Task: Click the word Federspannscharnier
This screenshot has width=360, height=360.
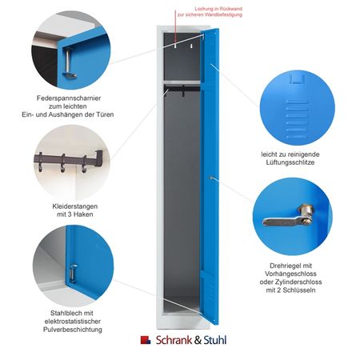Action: click(69, 98)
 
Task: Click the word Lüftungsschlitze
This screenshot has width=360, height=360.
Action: click(290, 162)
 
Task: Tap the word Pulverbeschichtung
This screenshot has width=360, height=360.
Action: click(73, 330)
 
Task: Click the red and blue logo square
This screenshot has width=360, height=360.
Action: click(146, 340)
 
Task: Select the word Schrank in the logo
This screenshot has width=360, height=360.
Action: click(174, 340)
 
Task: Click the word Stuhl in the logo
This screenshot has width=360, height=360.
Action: click(215, 340)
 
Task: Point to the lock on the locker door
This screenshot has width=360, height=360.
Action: click(211, 178)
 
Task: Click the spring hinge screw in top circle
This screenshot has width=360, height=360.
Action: click(69, 62)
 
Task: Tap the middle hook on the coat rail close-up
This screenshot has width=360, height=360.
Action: click(62, 163)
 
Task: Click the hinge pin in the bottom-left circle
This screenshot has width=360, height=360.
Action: click(73, 273)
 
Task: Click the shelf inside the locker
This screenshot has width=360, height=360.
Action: click(182, 82)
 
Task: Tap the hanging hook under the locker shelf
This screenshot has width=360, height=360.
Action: click(183, 91)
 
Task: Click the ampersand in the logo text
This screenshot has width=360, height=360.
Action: click(198, 340)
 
